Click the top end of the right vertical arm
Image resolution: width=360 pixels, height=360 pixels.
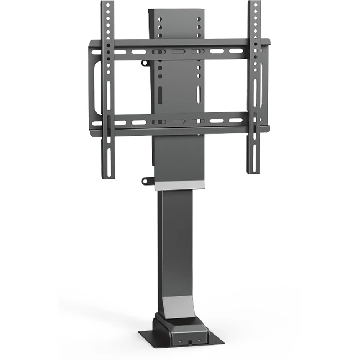(253, 4)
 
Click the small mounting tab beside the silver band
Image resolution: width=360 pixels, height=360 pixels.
(147, 181)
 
